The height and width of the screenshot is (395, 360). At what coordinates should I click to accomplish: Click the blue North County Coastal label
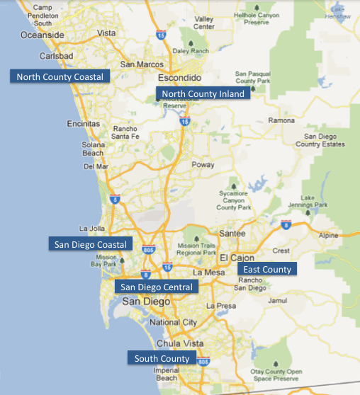[x=60, y=76]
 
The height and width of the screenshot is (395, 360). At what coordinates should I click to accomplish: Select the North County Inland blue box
[x=203, y=93]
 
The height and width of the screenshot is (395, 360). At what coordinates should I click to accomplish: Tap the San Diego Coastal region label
[x=90, y=244]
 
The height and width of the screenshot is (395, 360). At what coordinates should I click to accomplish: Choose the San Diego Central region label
[x=156, y=287]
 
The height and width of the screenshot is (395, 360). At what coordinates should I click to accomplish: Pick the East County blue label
[x=267, y=269]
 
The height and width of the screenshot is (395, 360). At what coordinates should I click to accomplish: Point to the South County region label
[x=162, y=358]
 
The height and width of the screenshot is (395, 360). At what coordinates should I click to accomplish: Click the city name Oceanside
[x=43, y=35]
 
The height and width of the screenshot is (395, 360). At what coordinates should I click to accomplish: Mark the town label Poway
[x=203, y=164]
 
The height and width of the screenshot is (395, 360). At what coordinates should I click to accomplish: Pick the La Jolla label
[x=91, y=229]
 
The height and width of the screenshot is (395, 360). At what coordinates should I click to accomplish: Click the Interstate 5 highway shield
[x=115, y=200]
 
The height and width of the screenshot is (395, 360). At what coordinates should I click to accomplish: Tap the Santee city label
[x=233, y=233]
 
